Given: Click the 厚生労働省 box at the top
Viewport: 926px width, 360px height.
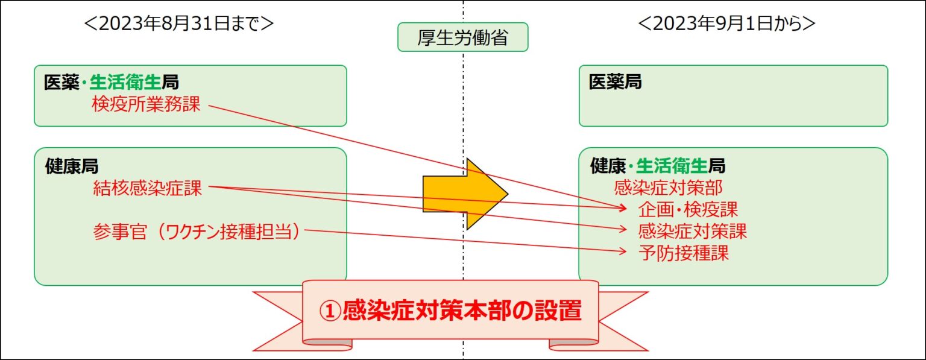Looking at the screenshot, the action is [x=462, y=37].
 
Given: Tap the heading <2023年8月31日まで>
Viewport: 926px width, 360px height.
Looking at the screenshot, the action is [x=178, y=24].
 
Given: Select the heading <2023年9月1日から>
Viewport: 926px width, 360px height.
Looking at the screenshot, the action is [x=726, y=24].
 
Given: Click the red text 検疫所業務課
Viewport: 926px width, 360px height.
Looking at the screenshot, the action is [x=146, y=104].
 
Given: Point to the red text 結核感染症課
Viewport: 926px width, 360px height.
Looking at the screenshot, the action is [x=147, y=189].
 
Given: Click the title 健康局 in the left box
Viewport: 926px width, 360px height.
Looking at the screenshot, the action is [x=72, y=166].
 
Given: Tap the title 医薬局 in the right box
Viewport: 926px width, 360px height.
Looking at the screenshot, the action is [x=615, y=82].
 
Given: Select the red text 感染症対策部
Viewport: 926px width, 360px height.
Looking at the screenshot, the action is [x=668, y=188].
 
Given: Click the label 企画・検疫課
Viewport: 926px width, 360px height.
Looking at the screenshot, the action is [x=688, y=209].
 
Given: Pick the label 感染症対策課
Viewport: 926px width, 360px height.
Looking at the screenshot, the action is [x=693, y=231].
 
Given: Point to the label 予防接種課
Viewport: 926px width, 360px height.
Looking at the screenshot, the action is [x=683, y=253].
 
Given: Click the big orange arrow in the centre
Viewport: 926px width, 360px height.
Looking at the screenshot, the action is [x=465, y=194].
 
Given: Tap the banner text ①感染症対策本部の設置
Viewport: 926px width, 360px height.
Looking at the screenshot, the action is [x=450, y=311].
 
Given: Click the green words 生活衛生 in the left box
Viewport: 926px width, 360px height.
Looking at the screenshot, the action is [x=125, y=82].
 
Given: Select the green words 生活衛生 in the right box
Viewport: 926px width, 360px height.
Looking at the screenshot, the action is [x=672, y=166].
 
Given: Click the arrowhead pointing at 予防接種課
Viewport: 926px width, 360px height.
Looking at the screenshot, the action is [x=623, y=250].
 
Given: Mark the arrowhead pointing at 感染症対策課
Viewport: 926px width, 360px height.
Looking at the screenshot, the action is [x=623, y=229].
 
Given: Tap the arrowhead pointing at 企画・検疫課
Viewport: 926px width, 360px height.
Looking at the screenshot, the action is [x=623, y=207].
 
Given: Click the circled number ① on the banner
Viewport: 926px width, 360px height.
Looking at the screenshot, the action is [x=330, y=311].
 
